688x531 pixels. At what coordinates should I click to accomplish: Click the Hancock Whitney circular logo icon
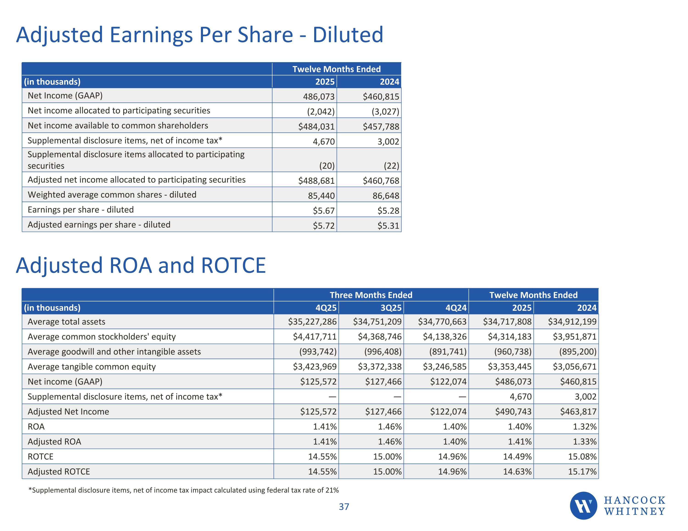[583, 506]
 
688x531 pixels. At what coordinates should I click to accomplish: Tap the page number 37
[344, 507]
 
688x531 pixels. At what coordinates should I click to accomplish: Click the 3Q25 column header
[391, 308]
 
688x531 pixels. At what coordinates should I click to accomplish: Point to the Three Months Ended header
[371, 295]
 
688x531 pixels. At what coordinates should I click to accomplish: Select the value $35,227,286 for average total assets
[312, 322]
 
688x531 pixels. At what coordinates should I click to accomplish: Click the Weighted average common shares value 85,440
[321, 196]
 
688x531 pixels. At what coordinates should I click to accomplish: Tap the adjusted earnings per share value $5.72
[324, 226]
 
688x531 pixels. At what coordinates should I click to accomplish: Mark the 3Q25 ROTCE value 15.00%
[388, 457]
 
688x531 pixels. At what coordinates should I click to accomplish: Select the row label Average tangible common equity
[92, 367]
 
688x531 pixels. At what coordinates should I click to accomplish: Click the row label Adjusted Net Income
[68, 411]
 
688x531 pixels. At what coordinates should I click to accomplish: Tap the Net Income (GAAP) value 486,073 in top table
[319, 96]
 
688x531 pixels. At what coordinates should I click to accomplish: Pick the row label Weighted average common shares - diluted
[112, 195]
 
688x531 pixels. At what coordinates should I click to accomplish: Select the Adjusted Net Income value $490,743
[513, 411]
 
